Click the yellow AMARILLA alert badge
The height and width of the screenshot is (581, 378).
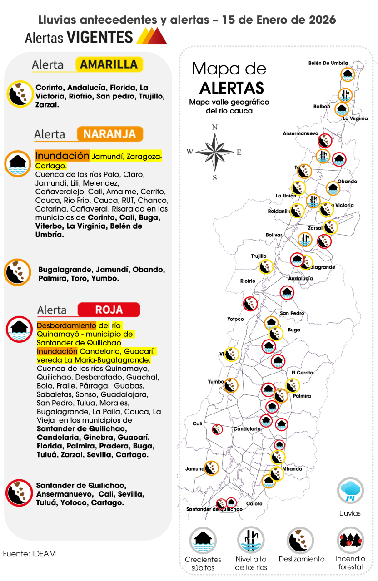(109, 64)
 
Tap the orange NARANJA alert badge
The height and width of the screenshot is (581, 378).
(109, 134)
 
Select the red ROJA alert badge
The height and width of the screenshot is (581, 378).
(109, 310)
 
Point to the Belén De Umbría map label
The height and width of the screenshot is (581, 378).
(328, 63)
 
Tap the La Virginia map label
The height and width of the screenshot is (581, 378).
(355, 118)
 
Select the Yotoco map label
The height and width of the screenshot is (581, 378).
(235, 319)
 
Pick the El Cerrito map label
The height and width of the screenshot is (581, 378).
(302, 373)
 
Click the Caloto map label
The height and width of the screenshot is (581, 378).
(254, 503)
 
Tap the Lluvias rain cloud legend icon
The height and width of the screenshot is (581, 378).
(350, 490)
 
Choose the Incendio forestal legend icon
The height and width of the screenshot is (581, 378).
(350, 540)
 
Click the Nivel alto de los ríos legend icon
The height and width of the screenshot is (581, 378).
(251, 540)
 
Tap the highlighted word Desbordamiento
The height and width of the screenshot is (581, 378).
(67, 325)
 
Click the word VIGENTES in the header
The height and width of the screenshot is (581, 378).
(99, 37)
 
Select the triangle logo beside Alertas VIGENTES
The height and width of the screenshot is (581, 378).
(151, 36)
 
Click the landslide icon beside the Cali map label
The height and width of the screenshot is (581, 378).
(218, 428)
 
